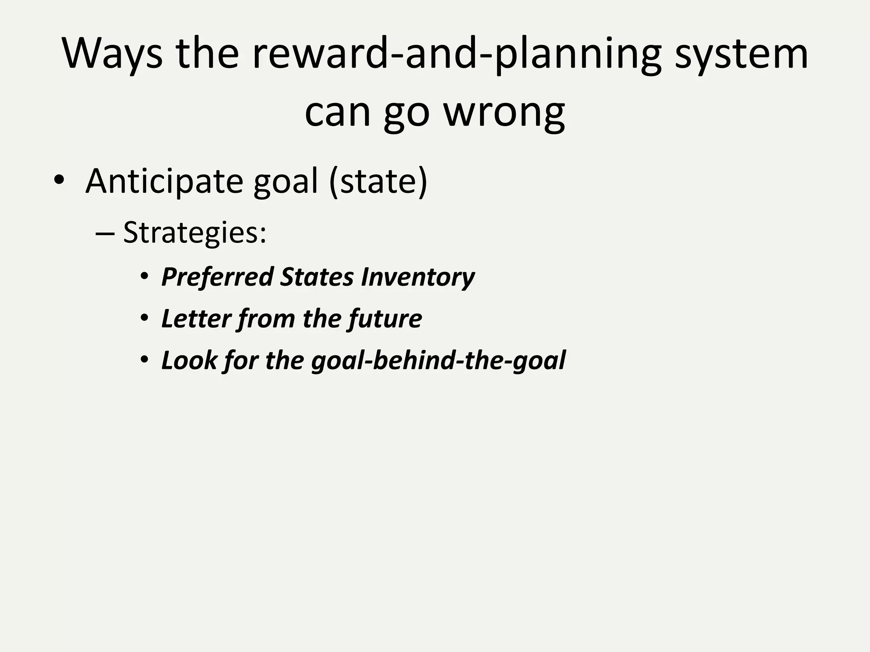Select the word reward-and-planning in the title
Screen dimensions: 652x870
(457, 54)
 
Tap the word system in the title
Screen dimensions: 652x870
(741, 54)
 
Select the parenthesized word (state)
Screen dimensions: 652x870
(378, 182)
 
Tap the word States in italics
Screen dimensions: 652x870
(316, 277)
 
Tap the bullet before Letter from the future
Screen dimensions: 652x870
(144, 318)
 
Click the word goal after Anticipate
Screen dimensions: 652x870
(285, 182)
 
